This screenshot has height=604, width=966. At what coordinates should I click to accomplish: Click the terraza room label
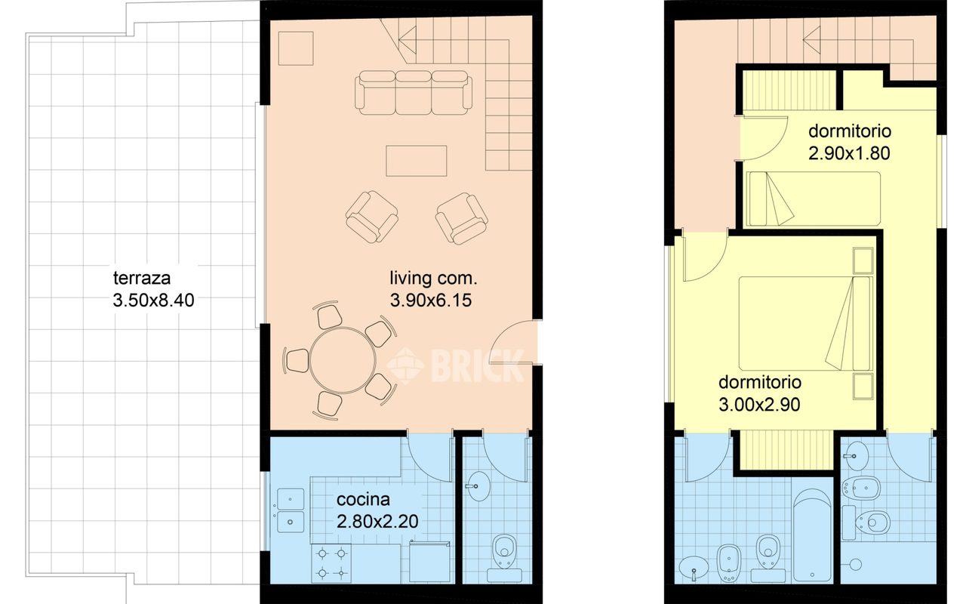click(x=141, y=279)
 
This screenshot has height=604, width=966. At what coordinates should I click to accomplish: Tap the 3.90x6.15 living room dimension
click(x=431, y=300)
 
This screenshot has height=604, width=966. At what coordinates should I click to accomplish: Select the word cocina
click(x=363, y=500)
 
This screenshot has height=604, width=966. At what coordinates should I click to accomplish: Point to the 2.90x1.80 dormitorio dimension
click(x=849, y=153)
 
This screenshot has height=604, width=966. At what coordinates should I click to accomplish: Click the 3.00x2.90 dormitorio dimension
click(x=759, y=405)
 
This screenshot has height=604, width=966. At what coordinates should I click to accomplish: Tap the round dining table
click(x=343, y=361)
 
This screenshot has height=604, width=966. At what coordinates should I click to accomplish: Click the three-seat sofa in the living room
click(x=414, y=93)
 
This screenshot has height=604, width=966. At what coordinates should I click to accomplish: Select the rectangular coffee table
click(x=416, y=161)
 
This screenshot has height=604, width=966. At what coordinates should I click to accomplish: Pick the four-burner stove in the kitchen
click(x=331, y=563)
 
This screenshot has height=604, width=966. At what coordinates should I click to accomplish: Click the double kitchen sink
click(x=291, y=510)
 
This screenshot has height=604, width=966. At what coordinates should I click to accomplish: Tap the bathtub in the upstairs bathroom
click(x=812, y=535)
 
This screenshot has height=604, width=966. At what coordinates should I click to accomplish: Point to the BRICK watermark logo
click(x=455, y=365)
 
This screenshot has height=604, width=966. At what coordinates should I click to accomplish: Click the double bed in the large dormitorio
click(x=805, y=324)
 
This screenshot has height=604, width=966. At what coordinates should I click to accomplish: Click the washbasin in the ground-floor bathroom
click(x=478, y=486)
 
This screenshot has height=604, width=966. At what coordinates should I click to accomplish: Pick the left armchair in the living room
click(x=372, y=217)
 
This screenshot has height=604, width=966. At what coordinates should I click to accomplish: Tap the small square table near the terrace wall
click(x=296, y=48)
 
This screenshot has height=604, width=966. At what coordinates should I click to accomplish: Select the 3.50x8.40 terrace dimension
click(x=153, y=300)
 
